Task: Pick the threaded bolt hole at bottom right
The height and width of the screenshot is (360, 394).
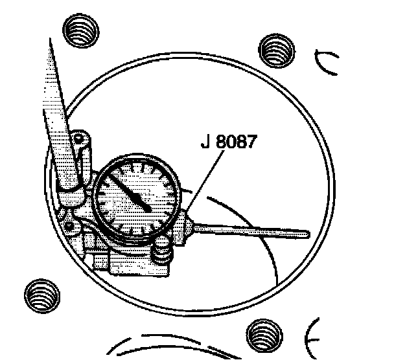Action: [265, 335]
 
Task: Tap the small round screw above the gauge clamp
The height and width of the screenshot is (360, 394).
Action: [79, 138]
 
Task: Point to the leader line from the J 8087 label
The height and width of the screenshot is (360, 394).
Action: [201, 181]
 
